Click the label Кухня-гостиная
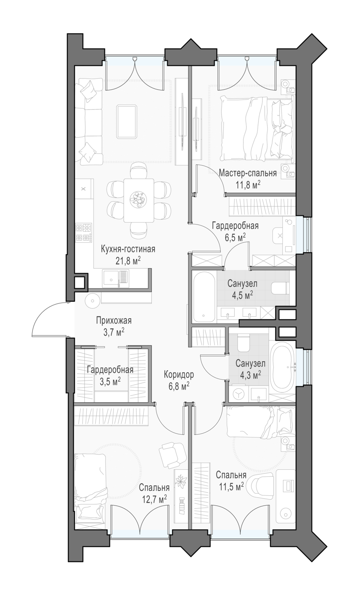point(128,250)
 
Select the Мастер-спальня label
point(248,173)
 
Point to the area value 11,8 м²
point(248,184)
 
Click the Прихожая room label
point(114,321)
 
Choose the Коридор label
point(179,374)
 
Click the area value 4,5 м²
point(242,295)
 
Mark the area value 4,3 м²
point(250,375)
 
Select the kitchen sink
point(116,278)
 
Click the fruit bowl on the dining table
point(138,198)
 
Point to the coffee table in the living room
point(127,121)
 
